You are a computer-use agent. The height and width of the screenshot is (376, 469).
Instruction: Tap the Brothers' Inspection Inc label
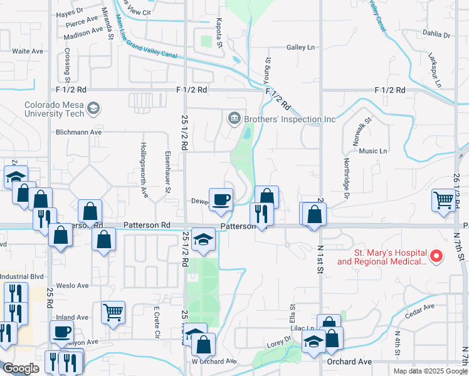click(x=290, y=119)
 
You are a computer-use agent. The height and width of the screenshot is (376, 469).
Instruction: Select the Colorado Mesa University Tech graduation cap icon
click(x=93, y=109)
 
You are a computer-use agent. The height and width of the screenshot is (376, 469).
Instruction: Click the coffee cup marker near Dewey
click(x=220, y=200)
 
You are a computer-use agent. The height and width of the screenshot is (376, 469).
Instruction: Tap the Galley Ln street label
click(x=300, y=47)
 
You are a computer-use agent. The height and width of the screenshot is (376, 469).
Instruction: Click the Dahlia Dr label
click(x=438, y=35)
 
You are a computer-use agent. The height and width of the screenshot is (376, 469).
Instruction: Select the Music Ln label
click(x=373, y=151)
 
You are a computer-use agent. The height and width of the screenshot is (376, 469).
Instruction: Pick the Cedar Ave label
click(x=421, y=307)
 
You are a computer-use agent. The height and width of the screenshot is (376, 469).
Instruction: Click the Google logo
click(x=21, y=368)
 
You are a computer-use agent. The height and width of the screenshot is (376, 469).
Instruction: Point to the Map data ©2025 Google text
click(x=429, y=371)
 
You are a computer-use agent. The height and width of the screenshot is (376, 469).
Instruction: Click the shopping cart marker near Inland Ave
click(x=113, y=311)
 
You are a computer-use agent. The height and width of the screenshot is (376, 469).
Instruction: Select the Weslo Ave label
click(x=73, y=285)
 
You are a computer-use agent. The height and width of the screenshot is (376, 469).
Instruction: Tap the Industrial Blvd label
click(x=21, y=276)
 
